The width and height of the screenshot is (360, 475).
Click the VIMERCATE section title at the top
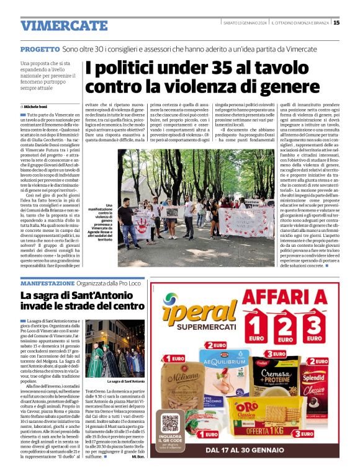(x=64, y=25)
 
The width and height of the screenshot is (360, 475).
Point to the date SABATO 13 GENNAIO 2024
(x=245, y=24)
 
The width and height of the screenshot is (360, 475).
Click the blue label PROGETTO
(x=40, y=48)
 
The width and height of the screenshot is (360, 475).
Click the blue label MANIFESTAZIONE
(x=48, y=283)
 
